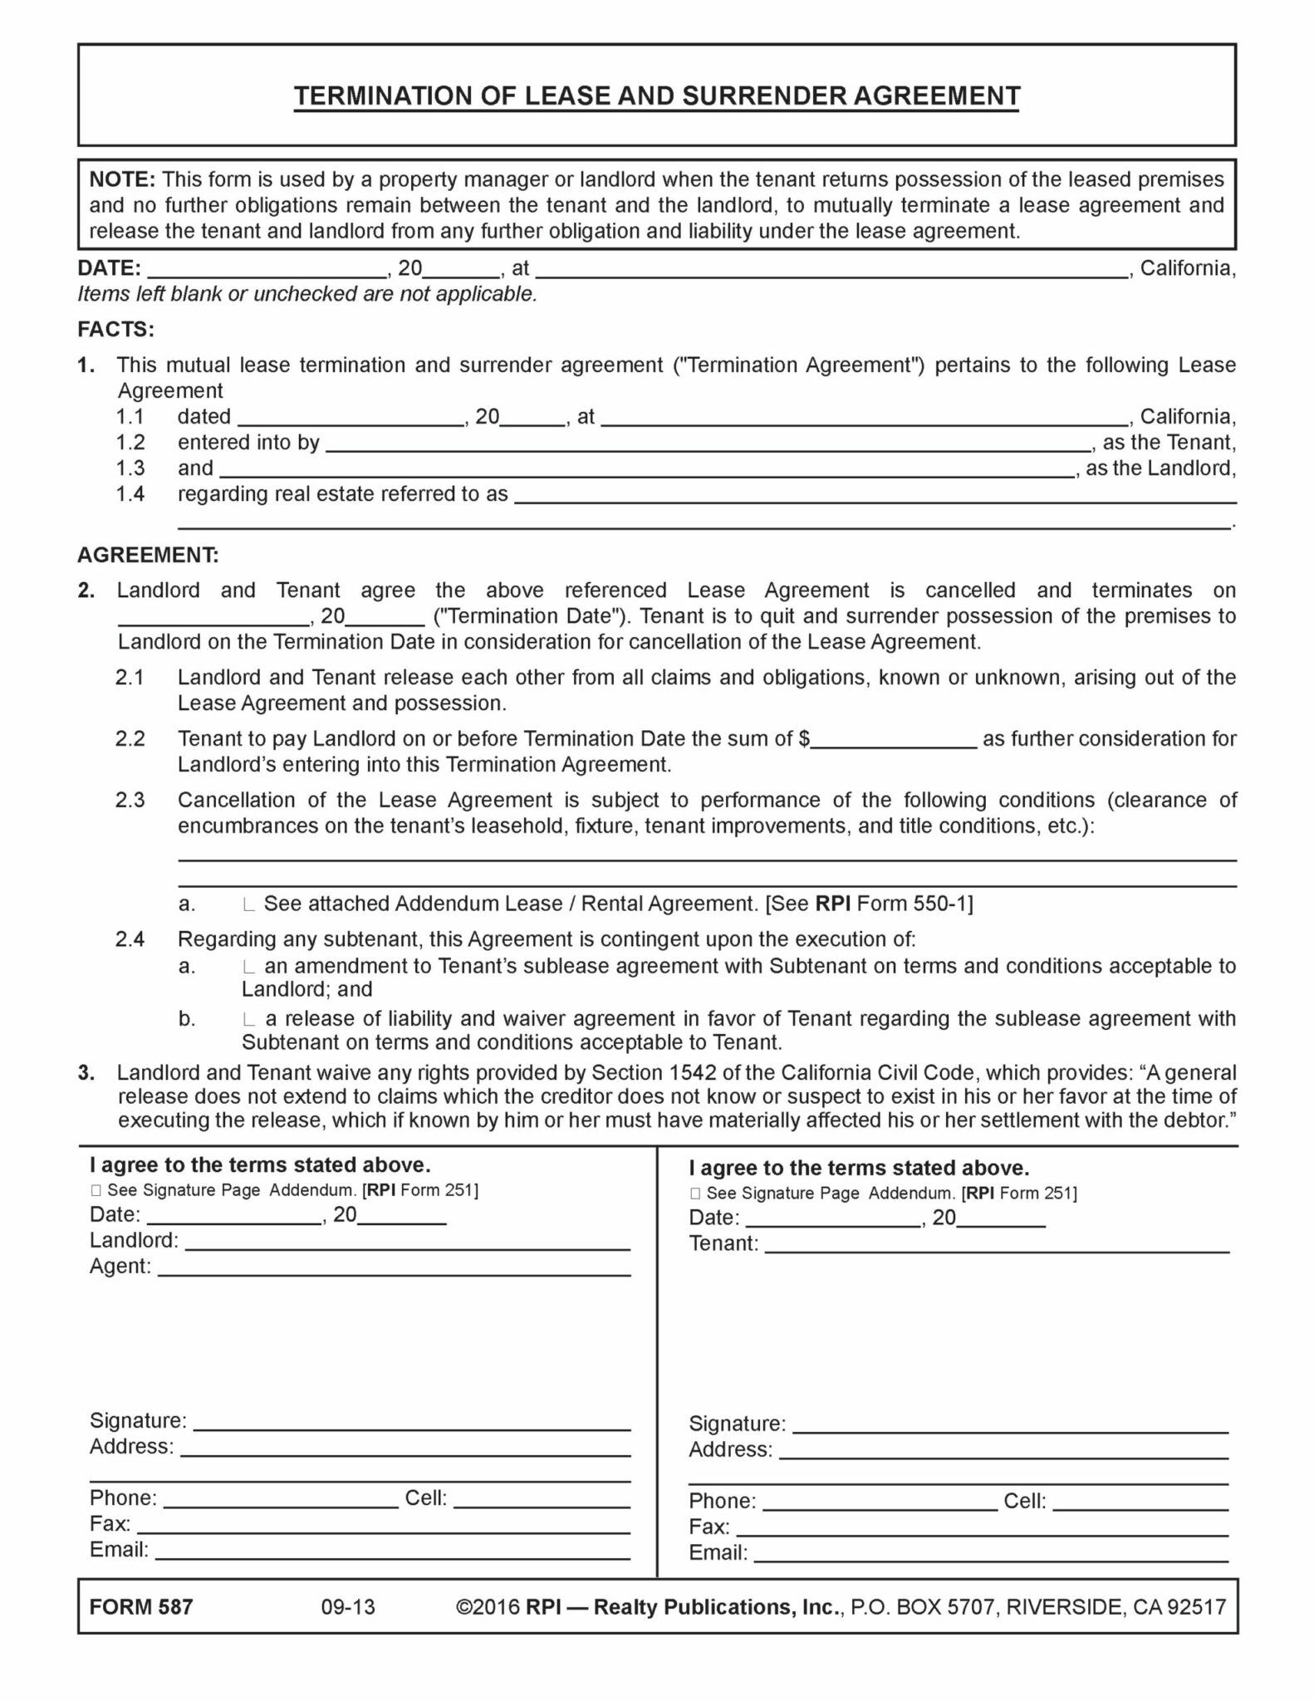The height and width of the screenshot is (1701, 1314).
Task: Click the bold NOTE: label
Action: (122, 179)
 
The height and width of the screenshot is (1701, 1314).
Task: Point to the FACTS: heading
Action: (115, 330)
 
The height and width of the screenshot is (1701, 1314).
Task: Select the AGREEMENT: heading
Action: (148, 555)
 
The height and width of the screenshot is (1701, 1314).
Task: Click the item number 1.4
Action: (130, 494)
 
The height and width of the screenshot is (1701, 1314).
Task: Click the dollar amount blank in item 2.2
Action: (894, 743)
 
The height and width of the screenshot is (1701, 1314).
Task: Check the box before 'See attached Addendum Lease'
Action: (249, 904)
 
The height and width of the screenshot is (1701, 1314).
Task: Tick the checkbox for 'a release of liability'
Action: (249, 1019)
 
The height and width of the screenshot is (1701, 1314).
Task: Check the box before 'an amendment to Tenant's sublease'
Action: (249, 967)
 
